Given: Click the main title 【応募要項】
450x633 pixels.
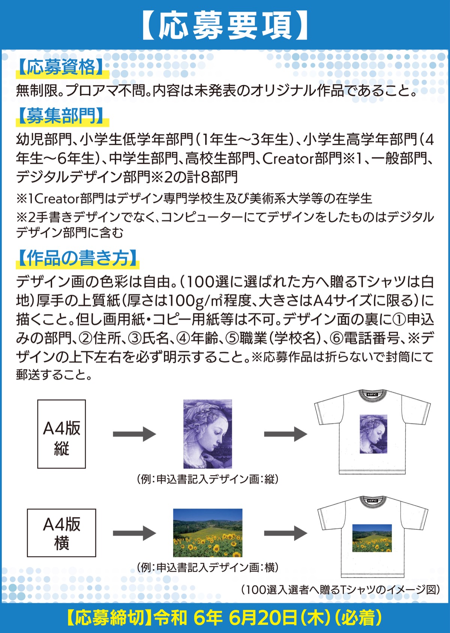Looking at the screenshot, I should pos(225,25).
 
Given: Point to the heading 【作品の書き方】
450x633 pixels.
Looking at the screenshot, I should pos(77,258).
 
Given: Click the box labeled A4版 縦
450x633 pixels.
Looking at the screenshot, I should pos(61,434).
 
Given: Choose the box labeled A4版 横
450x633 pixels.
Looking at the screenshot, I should pos(61,533).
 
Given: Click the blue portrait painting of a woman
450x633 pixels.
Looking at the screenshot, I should pos(207,434).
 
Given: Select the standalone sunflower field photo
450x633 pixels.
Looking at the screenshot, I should pos(207,533).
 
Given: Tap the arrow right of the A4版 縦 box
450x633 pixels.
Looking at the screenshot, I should pos(134,434).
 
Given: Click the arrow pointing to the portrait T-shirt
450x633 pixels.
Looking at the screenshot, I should pos(285,434).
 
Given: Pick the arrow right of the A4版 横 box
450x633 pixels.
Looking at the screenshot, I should pos(134,533).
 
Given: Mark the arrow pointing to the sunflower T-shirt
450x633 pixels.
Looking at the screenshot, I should pos(285,533).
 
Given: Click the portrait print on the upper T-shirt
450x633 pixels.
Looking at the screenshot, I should pos(373,434).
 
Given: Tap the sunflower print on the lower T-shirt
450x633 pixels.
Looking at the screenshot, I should pos(372,538).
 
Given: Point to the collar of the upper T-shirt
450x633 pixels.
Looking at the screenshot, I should pos(372,394).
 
